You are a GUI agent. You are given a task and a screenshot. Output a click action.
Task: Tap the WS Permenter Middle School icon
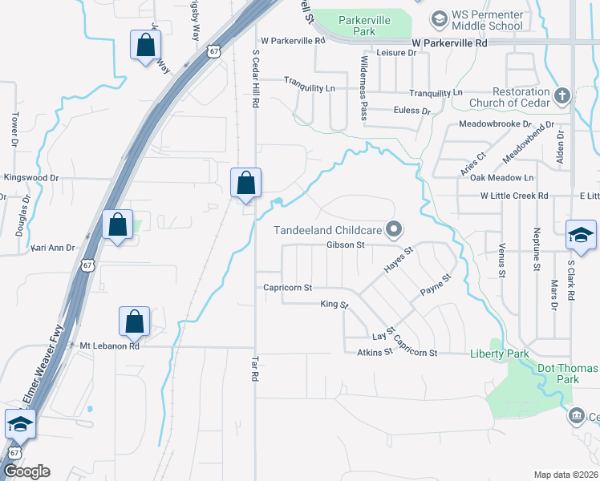coord(438,18)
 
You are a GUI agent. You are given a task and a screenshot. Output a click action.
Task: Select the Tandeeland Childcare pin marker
coord(393,230)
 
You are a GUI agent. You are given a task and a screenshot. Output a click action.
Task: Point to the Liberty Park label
coord(500,354)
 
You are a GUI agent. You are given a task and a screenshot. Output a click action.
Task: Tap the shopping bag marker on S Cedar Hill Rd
coord(245,184)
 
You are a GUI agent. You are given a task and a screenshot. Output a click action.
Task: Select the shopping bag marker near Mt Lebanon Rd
coord(135,321)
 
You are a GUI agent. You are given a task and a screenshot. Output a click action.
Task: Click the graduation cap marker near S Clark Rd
coord(581,235)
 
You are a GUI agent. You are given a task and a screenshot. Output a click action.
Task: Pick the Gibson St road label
coord(345,245)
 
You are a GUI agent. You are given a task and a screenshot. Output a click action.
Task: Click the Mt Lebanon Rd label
coord(110,346)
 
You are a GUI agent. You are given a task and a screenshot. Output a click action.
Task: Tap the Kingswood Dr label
coord(32,177)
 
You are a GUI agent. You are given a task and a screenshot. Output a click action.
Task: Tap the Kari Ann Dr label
coord(53,249)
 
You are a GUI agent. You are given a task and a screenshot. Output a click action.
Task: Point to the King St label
coord(334,305)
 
